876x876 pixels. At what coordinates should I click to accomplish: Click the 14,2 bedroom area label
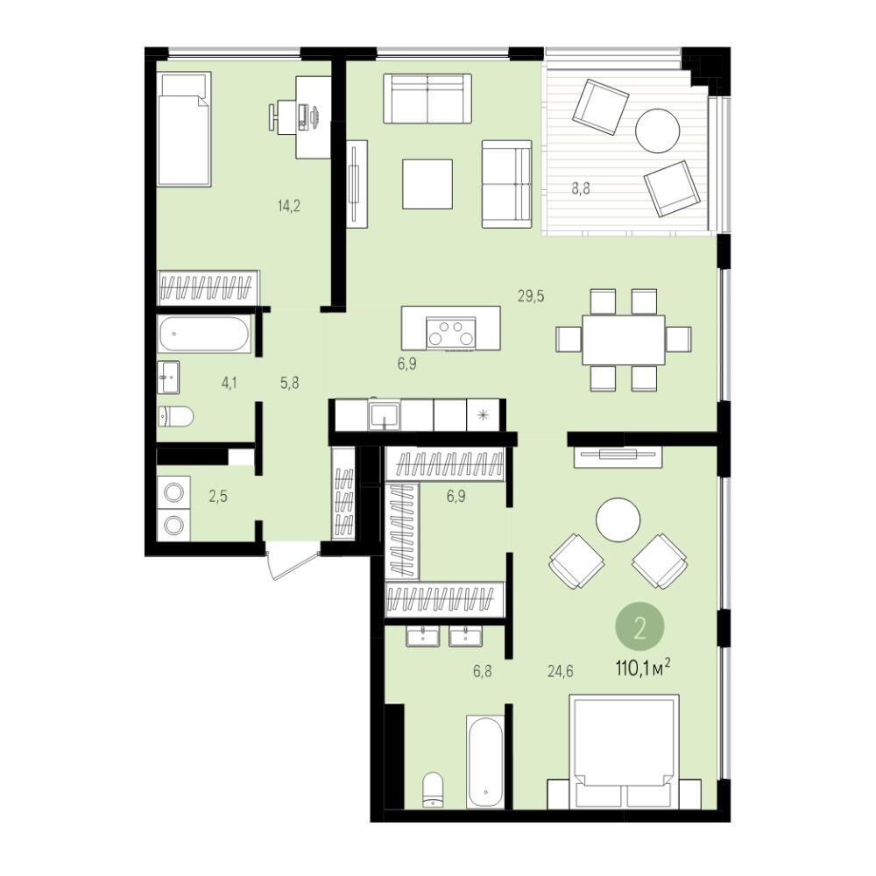289,206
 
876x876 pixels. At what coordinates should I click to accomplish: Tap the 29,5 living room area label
531,296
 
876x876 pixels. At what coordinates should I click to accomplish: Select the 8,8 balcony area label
581,188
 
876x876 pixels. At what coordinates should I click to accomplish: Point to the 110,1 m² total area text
642,668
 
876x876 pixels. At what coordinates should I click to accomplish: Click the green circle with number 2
639,629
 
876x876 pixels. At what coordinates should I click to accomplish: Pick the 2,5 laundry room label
218,496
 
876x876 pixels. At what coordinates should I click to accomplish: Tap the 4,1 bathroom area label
229,384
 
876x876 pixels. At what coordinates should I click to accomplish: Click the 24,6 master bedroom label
561,670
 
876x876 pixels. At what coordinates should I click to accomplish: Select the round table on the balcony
658,131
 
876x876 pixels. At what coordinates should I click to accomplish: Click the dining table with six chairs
624,340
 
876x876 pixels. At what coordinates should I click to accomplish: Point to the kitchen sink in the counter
384,415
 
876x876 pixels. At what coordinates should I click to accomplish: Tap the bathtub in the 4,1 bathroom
203,334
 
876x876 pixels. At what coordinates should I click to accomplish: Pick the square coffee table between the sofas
427,184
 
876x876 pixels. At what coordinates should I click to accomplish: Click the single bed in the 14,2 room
184,129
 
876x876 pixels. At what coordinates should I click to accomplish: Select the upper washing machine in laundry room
173,492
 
